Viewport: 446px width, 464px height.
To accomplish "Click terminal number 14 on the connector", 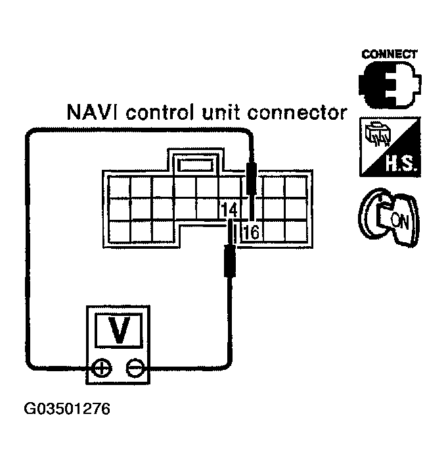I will click(x=229, y=210).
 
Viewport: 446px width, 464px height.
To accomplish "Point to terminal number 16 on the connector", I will click(x=250, y=231).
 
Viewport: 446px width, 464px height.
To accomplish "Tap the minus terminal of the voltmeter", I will click(x=135, y=368).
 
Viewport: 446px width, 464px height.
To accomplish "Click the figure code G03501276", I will click(x=67, y=409).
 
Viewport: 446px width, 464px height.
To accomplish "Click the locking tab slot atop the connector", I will click(x=195, y=164).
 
